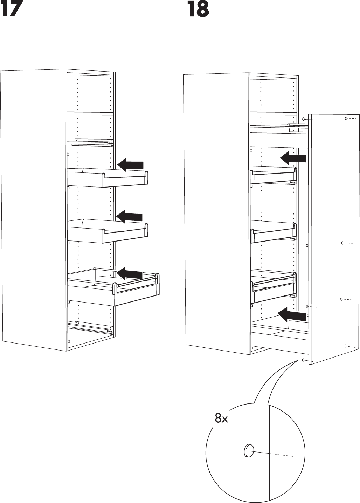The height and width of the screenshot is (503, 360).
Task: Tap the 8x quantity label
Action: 221,418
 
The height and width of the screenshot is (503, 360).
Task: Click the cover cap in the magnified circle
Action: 249,451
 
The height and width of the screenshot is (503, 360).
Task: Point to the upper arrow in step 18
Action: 293,158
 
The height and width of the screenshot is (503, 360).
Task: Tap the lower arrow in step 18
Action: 292,315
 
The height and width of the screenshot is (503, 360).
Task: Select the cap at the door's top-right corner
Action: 346,118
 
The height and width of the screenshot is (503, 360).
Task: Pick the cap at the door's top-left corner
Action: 303,119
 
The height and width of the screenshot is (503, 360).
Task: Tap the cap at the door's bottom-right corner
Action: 346,346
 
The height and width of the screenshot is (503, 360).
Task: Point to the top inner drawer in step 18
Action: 273,175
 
